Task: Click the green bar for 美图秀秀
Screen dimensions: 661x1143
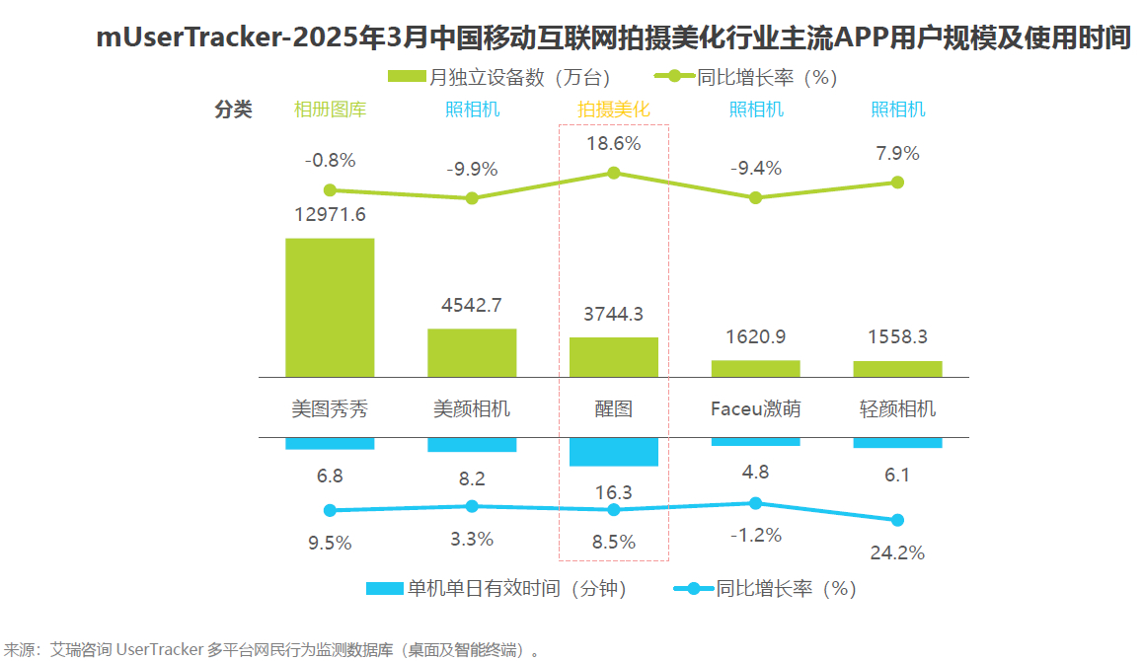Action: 330,307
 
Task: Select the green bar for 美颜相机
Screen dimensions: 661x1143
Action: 472,352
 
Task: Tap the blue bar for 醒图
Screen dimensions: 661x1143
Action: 614,452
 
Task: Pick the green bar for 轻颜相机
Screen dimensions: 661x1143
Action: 897,368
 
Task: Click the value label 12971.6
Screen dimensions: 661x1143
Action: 330,214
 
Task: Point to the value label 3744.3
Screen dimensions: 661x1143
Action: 614,314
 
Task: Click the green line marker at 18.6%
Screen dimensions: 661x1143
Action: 614,173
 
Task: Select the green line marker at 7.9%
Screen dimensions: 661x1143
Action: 897,183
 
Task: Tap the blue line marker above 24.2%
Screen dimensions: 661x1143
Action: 897,520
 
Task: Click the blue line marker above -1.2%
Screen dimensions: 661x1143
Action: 756,503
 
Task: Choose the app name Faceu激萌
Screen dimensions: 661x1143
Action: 756,408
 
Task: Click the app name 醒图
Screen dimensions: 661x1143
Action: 614,408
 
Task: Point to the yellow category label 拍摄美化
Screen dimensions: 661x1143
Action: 614,110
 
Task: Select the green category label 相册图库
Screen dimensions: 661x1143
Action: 330,110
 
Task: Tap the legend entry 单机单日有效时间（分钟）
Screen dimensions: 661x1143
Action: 497,589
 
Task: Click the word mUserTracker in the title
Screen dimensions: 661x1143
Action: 189,38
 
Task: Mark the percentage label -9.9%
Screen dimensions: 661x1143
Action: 472,169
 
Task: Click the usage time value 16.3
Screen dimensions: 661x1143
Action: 614,492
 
